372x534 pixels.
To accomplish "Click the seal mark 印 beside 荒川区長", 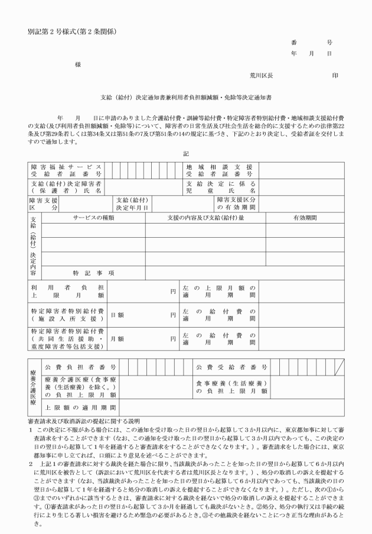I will tap(335, 76).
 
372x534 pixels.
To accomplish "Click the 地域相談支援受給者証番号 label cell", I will tap(220, 171).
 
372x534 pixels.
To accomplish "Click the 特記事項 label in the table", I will tap(93, 273).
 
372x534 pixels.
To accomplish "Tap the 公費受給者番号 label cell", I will tap(233, 368).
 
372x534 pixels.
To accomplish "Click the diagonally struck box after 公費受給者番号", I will tap(339, 368).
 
